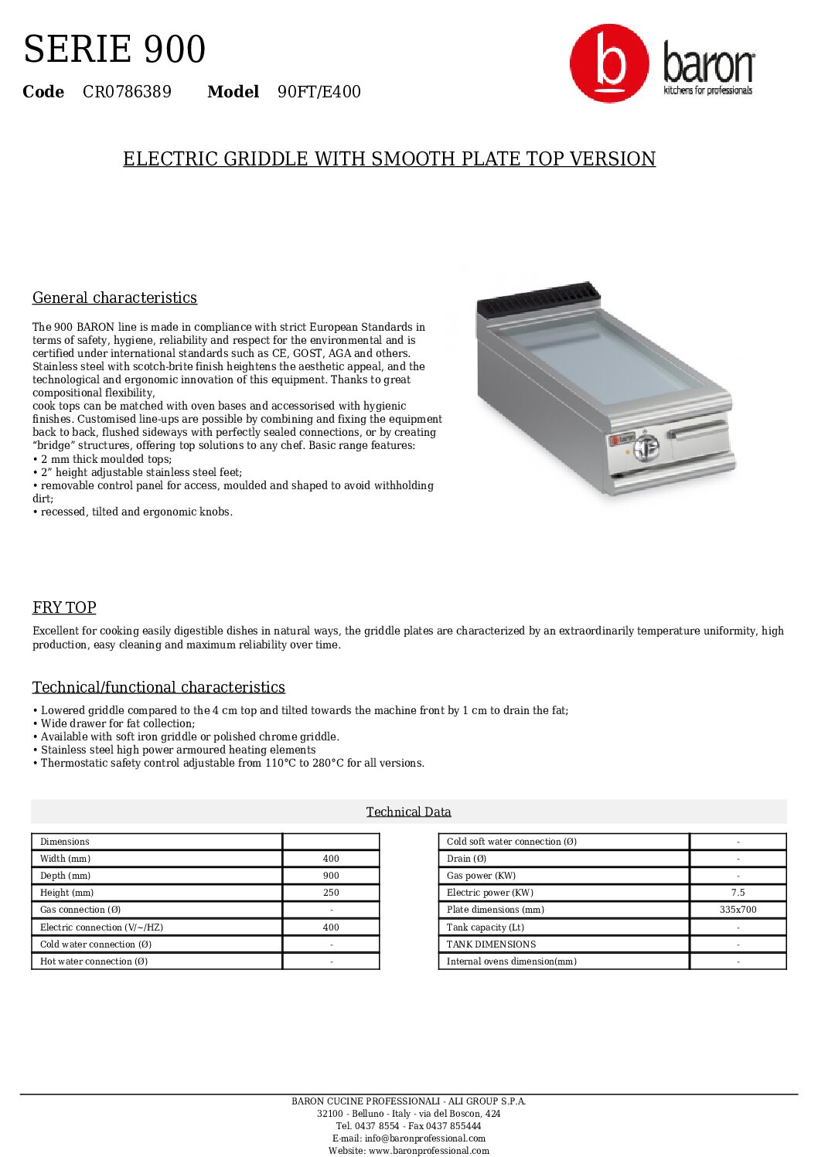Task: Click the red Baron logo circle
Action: [x=609, y=63]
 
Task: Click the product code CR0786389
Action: [x=127, y=92]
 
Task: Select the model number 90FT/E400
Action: [x=319, y=92]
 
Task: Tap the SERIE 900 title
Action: [x=114, y=49]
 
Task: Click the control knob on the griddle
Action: [x=646, y=447]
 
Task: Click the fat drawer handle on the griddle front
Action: [x=698, y=430]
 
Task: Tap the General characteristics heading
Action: [x=114, y=298]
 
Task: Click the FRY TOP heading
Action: [x=64, y=608]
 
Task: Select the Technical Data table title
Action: [x=408, y=812]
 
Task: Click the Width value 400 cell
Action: [x=331, y=859]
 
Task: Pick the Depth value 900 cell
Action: [x=331, y=876]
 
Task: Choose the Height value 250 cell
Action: [x=331, y=893]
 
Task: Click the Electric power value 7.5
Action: [x=738, y=893]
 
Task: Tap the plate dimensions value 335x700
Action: [x=738, y=910]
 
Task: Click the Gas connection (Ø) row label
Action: [x=80, y=910]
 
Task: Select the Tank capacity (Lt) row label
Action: [x=485, y=927]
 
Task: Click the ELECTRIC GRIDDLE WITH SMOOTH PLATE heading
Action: [x=389, y=159]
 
